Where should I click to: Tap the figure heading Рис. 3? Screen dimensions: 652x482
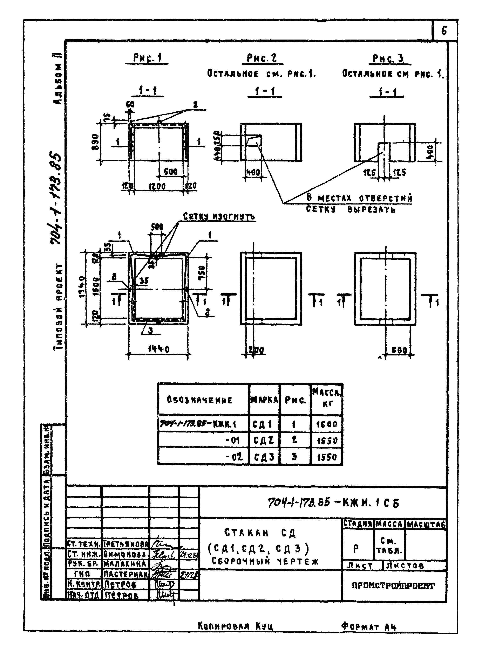pyautogui.click(x=388, y=59)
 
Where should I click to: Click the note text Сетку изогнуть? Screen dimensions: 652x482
pyautogui.click(x=219, y=217)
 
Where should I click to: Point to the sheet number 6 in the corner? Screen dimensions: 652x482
pyautogui.click(x=444, y=31)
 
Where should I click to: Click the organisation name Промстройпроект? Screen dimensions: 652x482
pyautogui.click(x=394, y=586)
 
